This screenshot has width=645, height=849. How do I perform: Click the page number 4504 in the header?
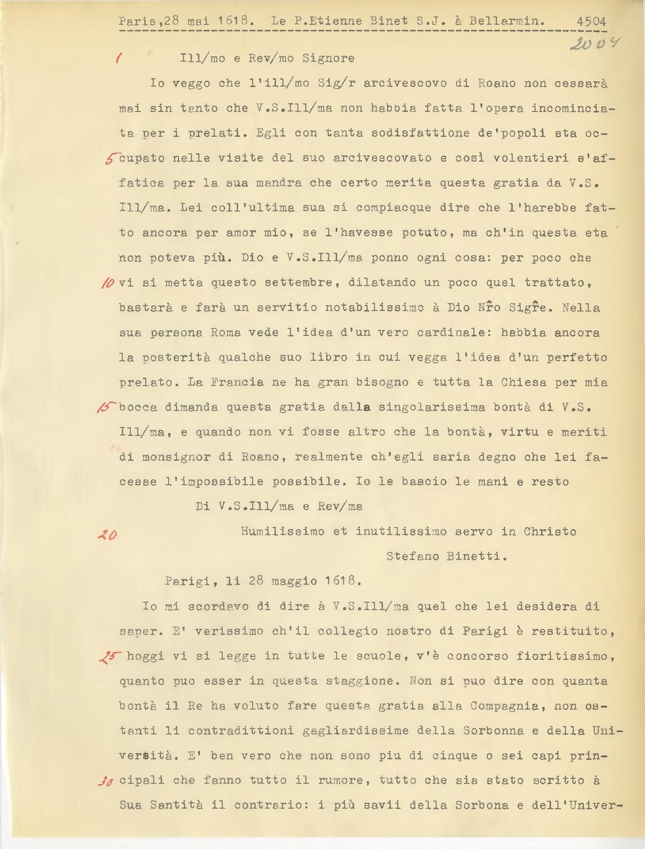click(x=591, y=21)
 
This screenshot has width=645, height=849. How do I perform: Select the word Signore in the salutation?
click(x=328, y=59)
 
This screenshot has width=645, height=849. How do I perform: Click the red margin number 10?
click(x=106, y=283)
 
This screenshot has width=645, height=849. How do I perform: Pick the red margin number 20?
click(x=108, y=535)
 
